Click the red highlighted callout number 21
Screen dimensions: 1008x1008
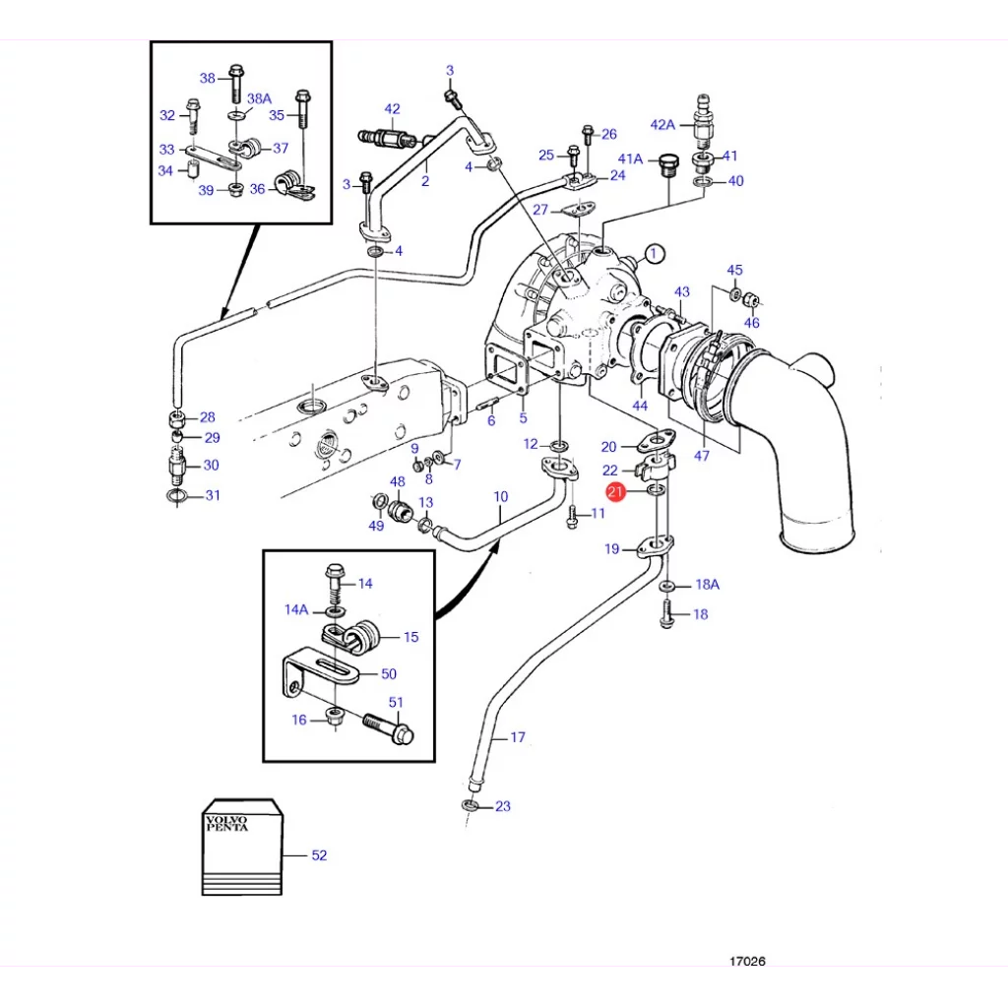click(615, 492)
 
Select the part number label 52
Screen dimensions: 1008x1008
click(319, 855)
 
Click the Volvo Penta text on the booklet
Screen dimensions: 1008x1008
click(226, 823)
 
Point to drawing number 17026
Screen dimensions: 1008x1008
click(747, 961)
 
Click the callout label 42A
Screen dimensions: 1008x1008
click(662, 125)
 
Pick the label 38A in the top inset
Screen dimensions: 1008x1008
click(259, 98)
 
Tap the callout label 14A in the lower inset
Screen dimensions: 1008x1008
click(296, 609)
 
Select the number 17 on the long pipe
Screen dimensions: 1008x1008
click(518, 736)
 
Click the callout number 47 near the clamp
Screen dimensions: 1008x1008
click(702, 456)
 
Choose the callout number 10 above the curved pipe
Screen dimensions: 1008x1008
click(501, 496)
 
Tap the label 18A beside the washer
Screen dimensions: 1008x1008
click(707, 584)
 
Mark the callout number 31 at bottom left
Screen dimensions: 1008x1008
click(212, 495)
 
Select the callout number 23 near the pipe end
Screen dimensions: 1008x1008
click(503, 806)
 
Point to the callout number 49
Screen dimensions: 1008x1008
click(376, 526)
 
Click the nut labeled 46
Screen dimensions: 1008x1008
click(749, 298)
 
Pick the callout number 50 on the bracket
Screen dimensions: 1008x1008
click(389, 673)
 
